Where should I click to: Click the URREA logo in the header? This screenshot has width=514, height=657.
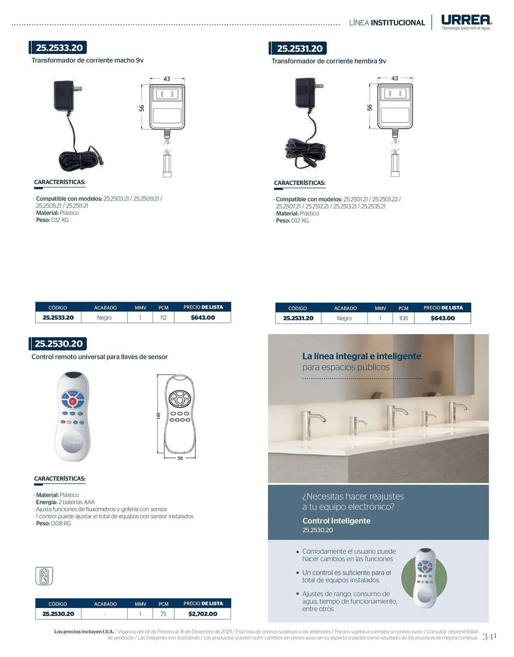click(466, 22)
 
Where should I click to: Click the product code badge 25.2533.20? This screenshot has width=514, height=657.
click(58, 48)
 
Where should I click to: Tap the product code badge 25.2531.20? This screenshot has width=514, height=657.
click(298, 48)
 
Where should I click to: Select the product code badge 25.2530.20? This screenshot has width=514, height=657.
click(58, 344)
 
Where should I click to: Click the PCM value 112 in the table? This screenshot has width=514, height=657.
click(163, 318)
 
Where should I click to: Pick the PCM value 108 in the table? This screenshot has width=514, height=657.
click(403, 318)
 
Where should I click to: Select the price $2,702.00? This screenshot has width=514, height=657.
click(203, 614)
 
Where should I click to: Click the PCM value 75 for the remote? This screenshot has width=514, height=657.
click(163, 614)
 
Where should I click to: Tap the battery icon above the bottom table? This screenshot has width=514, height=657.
click(44, 576)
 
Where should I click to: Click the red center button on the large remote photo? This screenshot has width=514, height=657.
click(73, 401)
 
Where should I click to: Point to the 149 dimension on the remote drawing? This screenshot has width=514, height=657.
click(158, 416)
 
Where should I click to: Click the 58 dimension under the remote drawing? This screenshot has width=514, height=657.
click(180, 458)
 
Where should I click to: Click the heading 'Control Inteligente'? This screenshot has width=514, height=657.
click(336, 521)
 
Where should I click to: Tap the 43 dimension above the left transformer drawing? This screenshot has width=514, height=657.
click(167, 79)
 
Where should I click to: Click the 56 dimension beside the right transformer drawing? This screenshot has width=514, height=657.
click(370, 107)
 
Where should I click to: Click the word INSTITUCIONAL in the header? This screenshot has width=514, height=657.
click(398, 23)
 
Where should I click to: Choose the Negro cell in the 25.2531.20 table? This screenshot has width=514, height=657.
click(344, 318)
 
